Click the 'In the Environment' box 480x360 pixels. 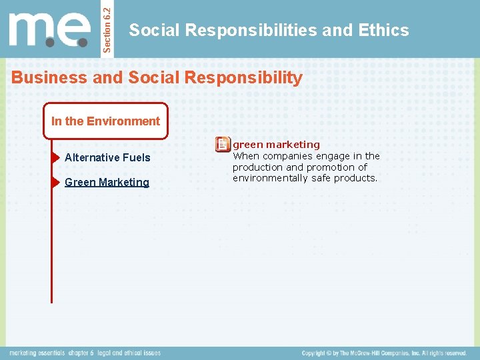coord(105,121)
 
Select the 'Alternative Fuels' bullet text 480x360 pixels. coord(107,157)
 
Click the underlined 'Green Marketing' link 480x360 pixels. coord(107,182)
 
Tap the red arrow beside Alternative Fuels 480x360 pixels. coord(55,158)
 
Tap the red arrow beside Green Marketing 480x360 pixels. coord(55,182)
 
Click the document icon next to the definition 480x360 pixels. coord(223,144)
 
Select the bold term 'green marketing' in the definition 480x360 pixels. coord(276,144)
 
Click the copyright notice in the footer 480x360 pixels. coord(384,353)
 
